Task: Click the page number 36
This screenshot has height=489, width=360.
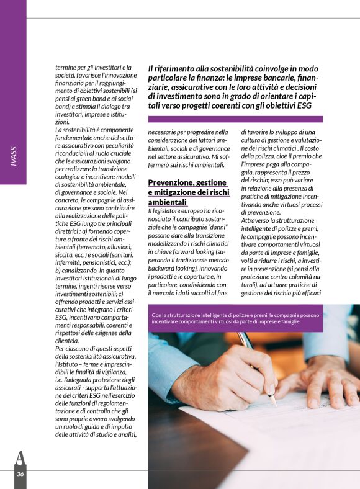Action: click(x=20, y=475)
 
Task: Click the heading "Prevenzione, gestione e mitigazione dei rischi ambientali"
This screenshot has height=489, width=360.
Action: click(x=187, y=192)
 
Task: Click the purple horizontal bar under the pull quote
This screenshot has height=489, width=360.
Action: click(x=235, y=119)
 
